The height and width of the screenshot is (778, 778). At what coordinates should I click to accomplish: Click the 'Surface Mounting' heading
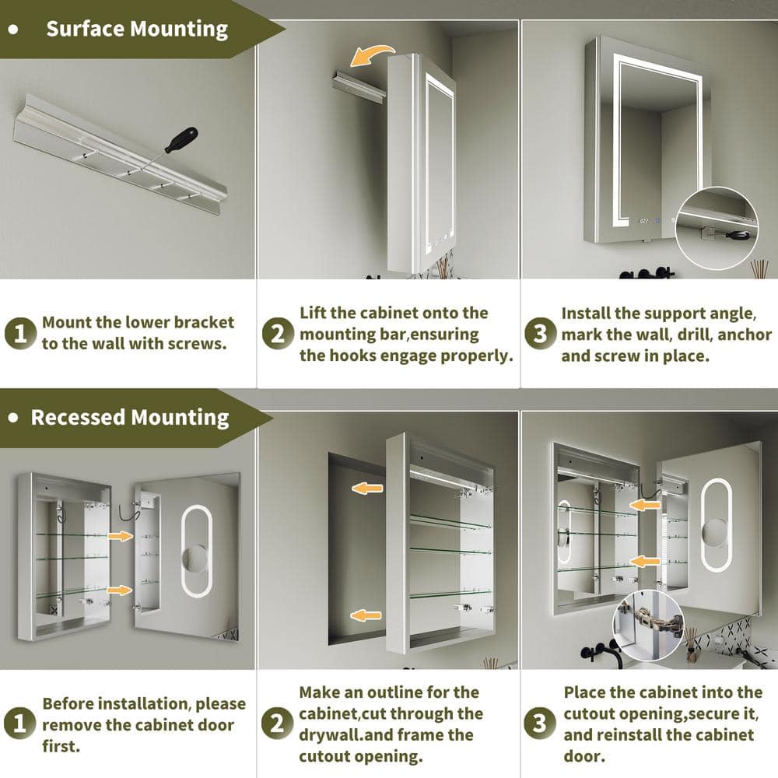[x=137, y=30]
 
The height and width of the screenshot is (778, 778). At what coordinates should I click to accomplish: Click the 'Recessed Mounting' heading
[x=130, y=418]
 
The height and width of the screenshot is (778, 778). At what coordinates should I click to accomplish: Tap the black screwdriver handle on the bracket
[x=181, y=140]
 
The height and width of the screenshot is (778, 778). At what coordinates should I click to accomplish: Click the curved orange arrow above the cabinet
[x=371, y=55]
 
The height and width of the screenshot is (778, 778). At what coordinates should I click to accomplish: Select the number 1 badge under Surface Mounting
[x=20, y=333]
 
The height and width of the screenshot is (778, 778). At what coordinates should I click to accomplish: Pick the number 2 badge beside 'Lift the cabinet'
[x=278, y=334]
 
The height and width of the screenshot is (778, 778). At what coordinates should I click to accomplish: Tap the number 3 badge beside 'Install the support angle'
[x=541, y=334]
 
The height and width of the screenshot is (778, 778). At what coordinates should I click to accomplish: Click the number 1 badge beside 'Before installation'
[x=20, y=723]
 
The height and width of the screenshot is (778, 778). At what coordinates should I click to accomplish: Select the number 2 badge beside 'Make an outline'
[x=278, y=723]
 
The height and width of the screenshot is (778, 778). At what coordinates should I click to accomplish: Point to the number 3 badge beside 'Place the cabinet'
[x=540, y=723]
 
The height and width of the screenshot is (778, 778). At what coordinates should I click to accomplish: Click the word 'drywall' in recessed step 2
[x=330, y=735]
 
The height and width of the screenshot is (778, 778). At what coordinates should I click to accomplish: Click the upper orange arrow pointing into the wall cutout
[x=367, y=489]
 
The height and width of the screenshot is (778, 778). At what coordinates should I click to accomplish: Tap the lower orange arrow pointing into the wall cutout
[x=366, y=615]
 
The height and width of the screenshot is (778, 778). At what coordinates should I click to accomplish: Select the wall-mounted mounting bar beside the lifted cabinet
[x=358, y=86]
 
